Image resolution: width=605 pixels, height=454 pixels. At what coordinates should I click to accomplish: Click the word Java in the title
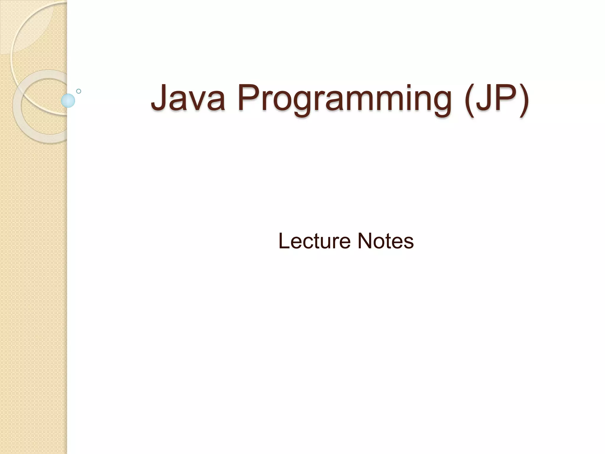(x=188, y=98)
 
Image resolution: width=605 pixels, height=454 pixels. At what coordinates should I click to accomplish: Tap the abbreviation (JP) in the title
(x=496, y=99)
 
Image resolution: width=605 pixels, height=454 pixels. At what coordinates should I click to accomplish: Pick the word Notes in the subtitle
(x=386, y=241)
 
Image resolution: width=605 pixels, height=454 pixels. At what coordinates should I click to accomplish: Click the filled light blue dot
(x=68, y=100)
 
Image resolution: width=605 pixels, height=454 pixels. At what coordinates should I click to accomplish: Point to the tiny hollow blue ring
(x=79, y=91)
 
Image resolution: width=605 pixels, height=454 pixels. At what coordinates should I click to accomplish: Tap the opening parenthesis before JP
(x=470, y=99)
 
